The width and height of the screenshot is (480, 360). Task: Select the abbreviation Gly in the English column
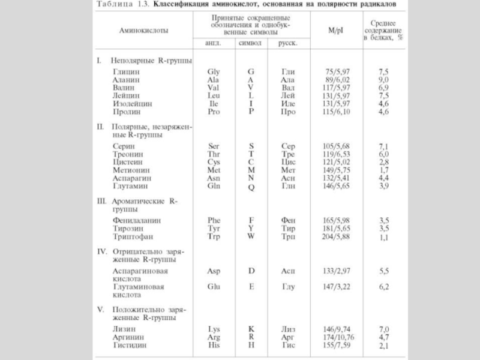pyautogui.click(x=214, y=72)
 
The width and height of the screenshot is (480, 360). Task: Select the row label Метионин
pyautogui.click(x=131, y=170)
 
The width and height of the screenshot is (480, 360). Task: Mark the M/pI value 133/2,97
pyautogui.click(x=336, y=271)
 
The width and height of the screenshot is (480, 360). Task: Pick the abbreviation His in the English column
pyautogui.click(x=214, y=345)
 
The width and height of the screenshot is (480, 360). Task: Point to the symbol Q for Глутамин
pyautogui.click(x=251, y=187)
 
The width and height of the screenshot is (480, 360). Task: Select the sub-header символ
pyautogui.click(x=250, y=43)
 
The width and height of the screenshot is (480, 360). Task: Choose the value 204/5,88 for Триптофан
pyautogui.click(x=336, y=236)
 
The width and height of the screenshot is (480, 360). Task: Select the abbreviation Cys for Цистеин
pyautogui.click(x=214, y=162)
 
